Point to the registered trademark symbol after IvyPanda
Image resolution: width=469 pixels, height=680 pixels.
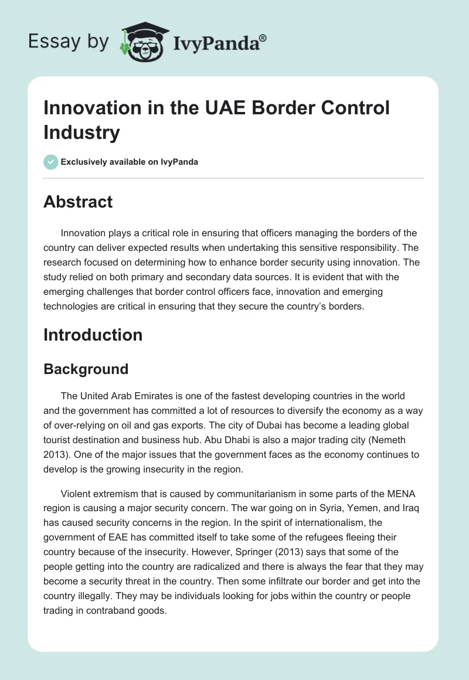[x=263, y=38]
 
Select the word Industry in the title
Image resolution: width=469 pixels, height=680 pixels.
[x=81, y=132]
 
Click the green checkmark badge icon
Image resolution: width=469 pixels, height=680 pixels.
[x=51, y=162]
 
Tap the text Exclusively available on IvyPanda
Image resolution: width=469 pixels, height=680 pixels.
[x=130, y=162]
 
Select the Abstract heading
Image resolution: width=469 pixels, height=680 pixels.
[x=78, y=202]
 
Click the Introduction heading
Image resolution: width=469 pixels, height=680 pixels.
[x=93, y=335]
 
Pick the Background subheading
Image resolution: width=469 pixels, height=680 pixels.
[x=86, y=369]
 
